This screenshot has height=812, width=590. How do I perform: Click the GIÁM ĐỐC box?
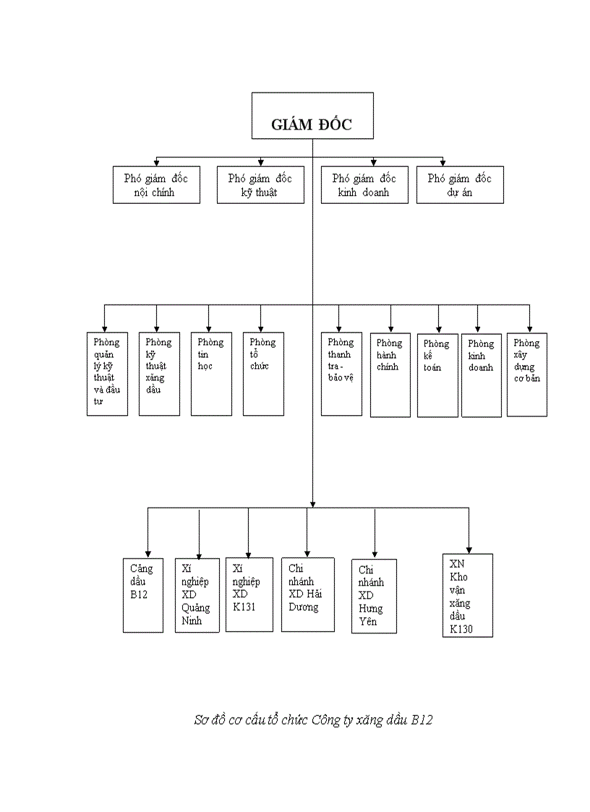pyautogui.click(x=312, y=116)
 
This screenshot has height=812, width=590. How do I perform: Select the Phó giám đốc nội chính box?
pyautogui.click(x=156, y=185)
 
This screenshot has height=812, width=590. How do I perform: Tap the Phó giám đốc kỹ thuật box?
pyautogui.click(x=260, y=185)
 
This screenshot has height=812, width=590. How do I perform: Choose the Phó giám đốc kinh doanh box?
pyautogui.click(x=364, y=185)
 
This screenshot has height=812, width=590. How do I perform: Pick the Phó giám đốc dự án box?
pyautogui.click(x=460, y=185)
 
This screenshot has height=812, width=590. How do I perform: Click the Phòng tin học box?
pyautogui.click(x=211, y=374)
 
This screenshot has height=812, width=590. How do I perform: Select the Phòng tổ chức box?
pyautogui.click(x=263, y=374)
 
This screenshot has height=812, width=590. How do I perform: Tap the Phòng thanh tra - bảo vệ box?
pyautogui.click(x=341, y=374)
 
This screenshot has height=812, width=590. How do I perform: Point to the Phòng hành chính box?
pyautogui.click(x=390, y=375)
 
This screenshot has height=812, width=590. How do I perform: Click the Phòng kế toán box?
pyautogui.click(x=437, y=375)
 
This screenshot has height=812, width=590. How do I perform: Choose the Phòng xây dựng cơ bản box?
pyautogui.click(x=527, y=375)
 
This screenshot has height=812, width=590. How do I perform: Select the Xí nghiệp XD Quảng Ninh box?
pyautogui.click(x=197, y=595)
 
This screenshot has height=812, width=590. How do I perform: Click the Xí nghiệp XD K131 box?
pyautogui.click(x=248, y=594)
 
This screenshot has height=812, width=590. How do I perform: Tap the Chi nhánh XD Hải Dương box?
pyautogui.click(x=308, y=594)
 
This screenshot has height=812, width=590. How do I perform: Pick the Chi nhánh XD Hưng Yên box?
pyautogui.click(x=374, y=597)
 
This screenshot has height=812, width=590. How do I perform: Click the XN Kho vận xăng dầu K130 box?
pyautogui.click(x=468, y=595)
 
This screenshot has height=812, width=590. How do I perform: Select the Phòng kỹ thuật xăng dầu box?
pyautogui.click(x=159, y=374)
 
